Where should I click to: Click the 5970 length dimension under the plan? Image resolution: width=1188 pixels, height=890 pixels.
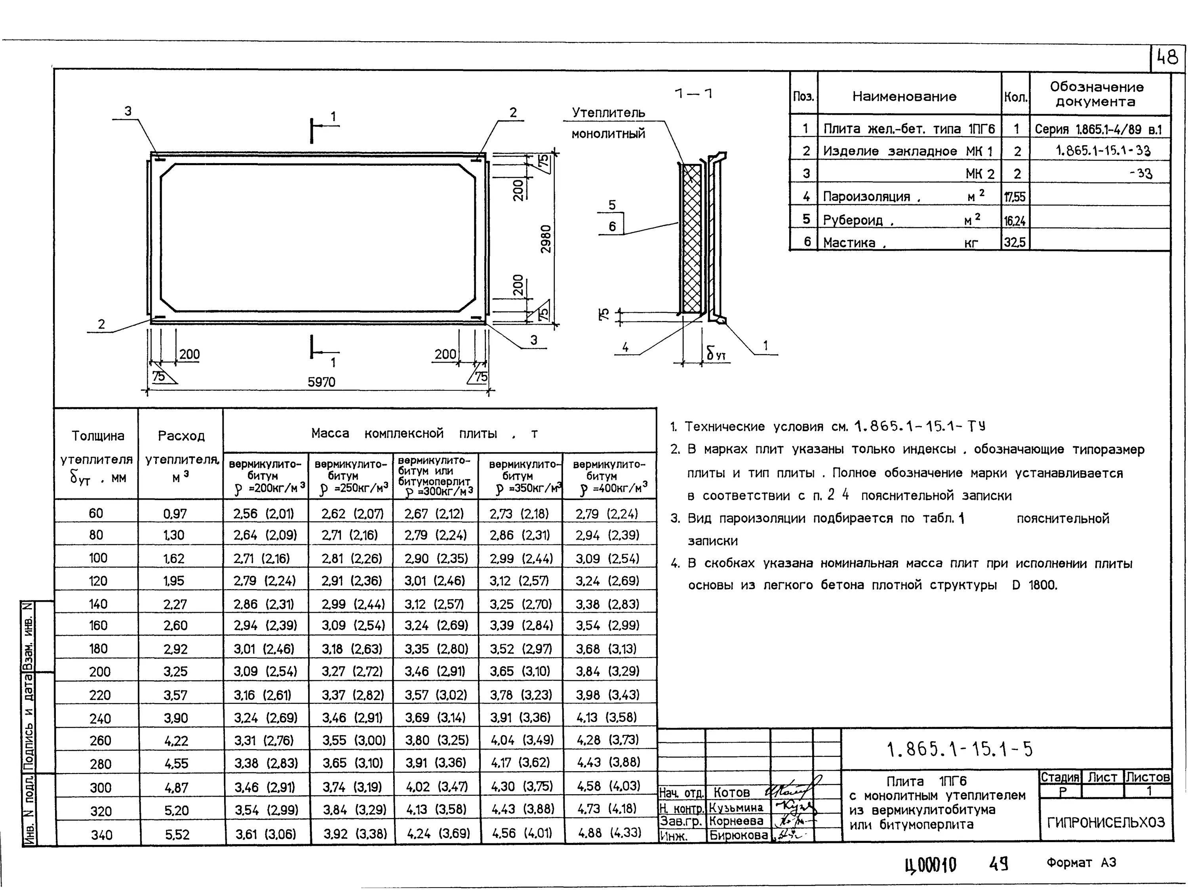tap(321, 382)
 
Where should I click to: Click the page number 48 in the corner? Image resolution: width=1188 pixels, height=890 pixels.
tap(1167, 57)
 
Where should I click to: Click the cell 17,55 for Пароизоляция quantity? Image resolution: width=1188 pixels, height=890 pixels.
tap(1015, 197)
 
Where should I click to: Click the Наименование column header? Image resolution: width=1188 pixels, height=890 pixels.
tap(904, 97)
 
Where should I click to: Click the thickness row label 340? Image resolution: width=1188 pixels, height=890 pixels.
tap(101, 835)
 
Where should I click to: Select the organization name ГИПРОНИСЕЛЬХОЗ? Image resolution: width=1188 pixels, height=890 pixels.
tap(1106, 822)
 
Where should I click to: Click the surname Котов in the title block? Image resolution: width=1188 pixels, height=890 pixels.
tap(731, 792)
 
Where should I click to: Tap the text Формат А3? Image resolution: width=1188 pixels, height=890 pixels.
tap(1081, 863)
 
